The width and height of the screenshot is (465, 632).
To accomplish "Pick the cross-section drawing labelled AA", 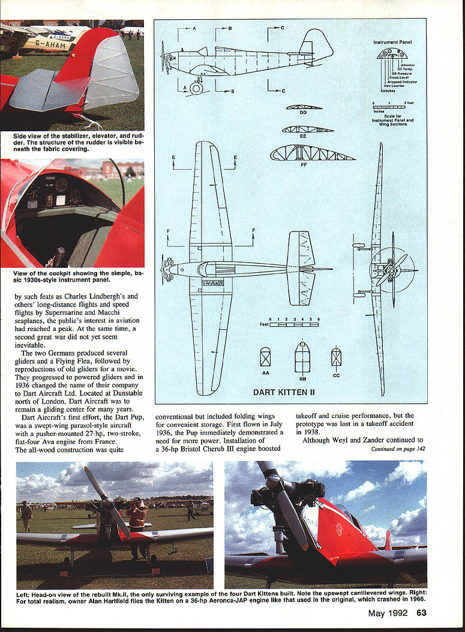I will click(265, 357).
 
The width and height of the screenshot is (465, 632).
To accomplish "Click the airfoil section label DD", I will click(304, 113).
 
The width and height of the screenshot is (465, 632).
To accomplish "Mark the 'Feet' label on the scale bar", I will click(263, 324).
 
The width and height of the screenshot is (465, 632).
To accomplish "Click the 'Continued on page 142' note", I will click(398, 448).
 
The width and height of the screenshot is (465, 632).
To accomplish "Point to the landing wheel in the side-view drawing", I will click(196, 88).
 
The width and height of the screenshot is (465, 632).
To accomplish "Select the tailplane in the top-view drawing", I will click(301, 267).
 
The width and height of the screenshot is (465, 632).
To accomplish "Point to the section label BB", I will click(302, 379).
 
